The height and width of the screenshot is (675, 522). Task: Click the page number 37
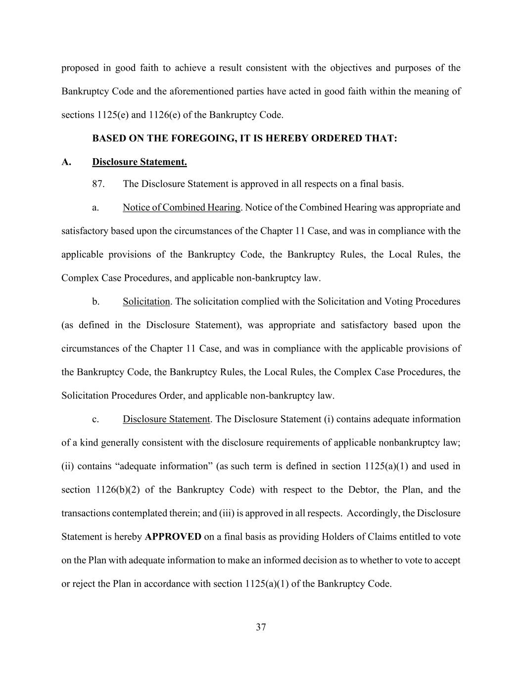coord(261,628)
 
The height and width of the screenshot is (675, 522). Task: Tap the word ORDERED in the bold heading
coord(334,138)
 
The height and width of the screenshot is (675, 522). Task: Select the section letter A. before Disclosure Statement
coord(67,162)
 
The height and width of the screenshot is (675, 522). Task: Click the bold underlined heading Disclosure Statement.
coord(140,162)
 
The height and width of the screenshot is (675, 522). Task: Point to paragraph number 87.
coord(98,184)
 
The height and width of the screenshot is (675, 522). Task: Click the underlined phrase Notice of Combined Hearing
coord(182,208)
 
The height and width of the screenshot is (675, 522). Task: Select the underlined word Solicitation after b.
coord(146,302)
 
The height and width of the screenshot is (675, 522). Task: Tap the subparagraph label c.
coord(95,419)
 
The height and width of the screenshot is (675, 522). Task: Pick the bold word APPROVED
coord(173,537)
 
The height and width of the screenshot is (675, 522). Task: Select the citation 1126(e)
coord(164,115)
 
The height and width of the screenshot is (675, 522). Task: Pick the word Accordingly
coord(374,513)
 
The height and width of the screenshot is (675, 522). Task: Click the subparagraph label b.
coord(95,302)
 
